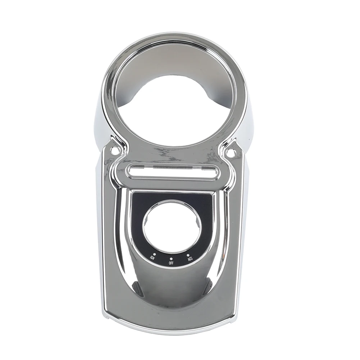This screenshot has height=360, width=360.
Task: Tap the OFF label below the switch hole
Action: (x=171, y=263)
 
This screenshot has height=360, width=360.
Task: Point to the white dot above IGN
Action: (x=154, y=254)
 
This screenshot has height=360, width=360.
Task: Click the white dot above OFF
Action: (x=171, y=259)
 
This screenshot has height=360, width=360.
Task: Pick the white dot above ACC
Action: (x=188, y=255)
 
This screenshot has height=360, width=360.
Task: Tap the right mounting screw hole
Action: (x=231, y=152)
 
